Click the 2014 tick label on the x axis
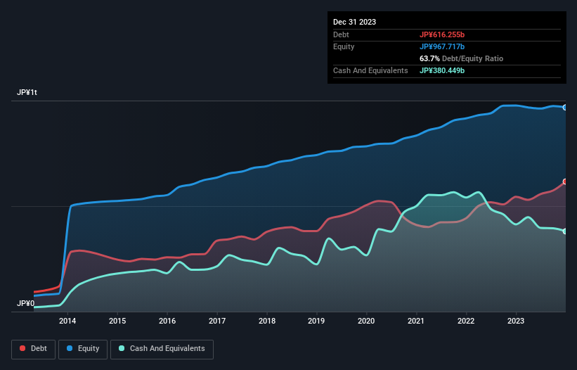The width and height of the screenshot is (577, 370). click(x=67, y=321)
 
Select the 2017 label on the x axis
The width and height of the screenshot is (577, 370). click(x=217, y=321)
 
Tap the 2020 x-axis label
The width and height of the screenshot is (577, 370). click(x=366, y=321)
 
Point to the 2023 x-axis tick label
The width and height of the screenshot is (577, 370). click(x=516, y=321)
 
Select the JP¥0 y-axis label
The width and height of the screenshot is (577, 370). click(x=26, y=304)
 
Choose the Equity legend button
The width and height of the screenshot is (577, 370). click(x=83, y=348)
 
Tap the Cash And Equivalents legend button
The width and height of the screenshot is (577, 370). click(x=162, y=348)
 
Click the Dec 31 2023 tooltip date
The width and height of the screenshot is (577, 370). click(x=355, y=22)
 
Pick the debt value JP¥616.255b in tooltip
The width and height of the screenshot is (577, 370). click(x=442, y=34)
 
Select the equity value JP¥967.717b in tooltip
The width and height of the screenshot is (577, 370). click(x=442, y=46)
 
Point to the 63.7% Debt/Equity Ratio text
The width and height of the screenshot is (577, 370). click(x=461, y=58)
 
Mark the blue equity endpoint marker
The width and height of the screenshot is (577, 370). click(x=565, y=108)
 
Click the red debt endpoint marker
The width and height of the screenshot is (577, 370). click(x=565, y=181)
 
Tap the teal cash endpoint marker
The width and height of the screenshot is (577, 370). click(x=565, y=231)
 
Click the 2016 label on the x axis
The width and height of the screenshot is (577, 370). click(x=167, y=321)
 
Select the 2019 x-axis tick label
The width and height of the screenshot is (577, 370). click(x=317, y=321)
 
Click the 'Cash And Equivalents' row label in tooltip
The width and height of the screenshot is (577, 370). click(x=370, y=70)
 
